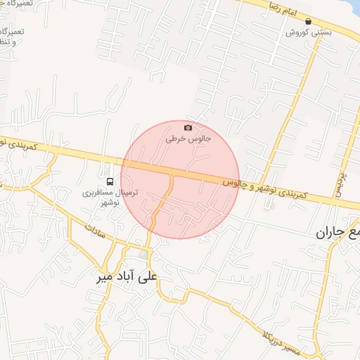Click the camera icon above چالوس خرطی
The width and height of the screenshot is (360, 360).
188,127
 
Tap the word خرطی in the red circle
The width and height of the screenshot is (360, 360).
174,139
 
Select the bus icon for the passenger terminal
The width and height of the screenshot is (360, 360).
109,181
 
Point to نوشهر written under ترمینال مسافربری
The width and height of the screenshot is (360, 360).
110,202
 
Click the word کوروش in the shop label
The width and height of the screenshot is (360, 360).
296,32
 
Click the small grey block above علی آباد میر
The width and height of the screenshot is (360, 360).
144,255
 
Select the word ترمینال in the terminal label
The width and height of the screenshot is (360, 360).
126,192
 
